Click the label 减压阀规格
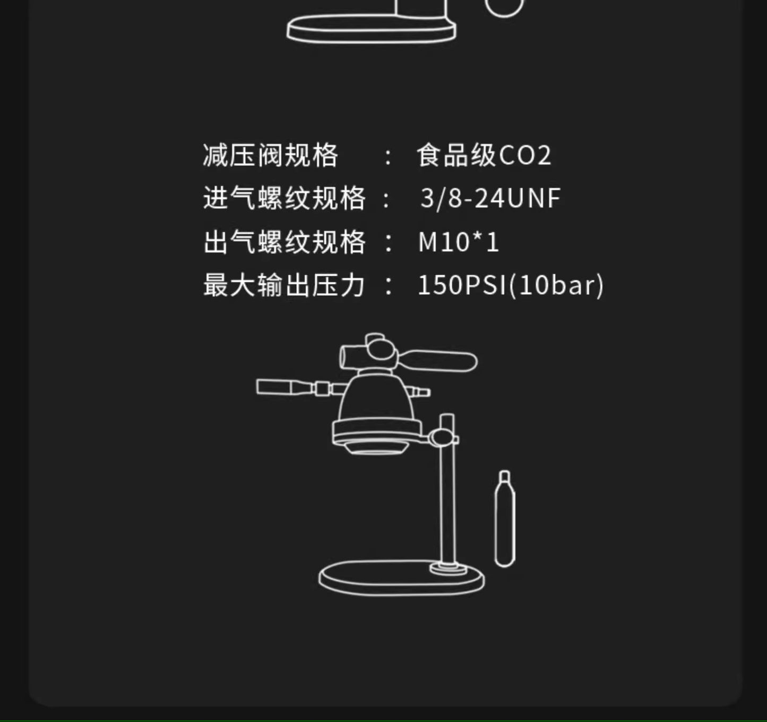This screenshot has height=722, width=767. (x=270, y=156)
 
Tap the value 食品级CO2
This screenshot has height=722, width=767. (x=484, y=156)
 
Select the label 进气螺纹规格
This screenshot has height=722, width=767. (x=284, y=198)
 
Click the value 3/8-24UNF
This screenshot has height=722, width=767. (x=490, y=198)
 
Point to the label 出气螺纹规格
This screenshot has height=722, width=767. (x=284, y=242)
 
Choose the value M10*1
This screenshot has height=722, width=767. (x=459, y=242)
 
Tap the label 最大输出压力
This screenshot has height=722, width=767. (x=284, y=285)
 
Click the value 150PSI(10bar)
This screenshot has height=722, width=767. (x=511, y=285)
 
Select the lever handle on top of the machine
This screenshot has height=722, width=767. (x=446, y=360)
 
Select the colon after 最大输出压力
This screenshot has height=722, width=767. (x=388, y=286)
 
